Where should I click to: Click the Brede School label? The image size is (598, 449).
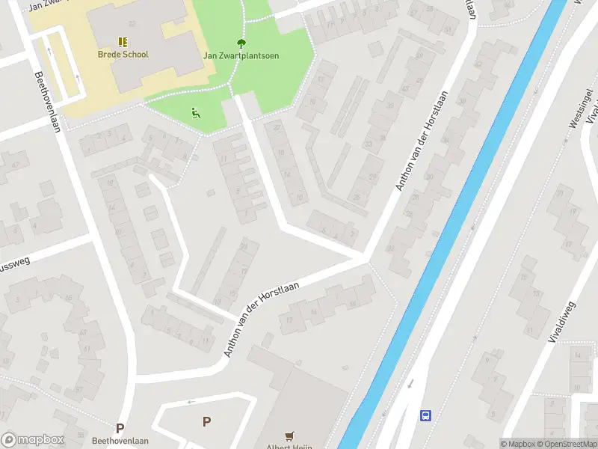[123, 55]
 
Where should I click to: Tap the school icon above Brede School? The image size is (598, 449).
[123, 42]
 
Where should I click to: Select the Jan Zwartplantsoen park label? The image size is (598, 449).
[241, 55]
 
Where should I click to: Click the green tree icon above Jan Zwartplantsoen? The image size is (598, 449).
[241, 43]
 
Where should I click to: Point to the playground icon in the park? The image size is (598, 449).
[196, 113]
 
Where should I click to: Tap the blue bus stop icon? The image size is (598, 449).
[426, 415]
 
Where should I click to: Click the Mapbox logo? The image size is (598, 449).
[33, 439]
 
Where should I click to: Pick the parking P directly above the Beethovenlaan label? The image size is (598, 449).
[120, 429]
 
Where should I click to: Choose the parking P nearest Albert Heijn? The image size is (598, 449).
[206, 422]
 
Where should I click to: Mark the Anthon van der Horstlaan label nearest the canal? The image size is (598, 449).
[413, 141]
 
